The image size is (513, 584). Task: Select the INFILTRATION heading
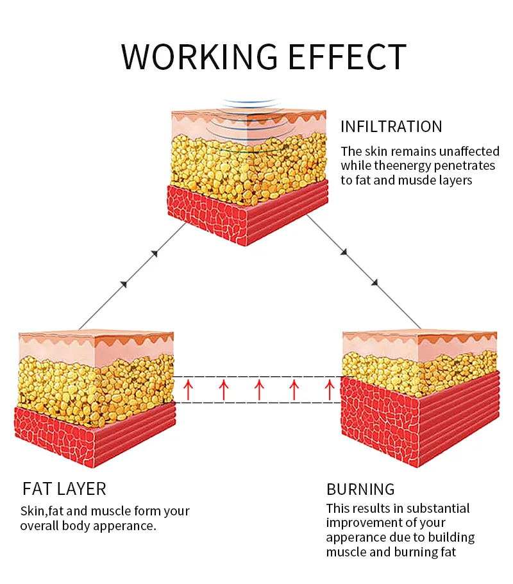pyautogui.click(x=391, y=127)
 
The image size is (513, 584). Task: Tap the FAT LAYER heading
pyautogui.click(x=64, y=489)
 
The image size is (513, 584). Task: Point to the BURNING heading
pyautogui.click(x=360, y=489)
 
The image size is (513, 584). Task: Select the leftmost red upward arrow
pyautogui.click(x=188, y=389)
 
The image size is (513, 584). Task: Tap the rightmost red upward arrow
pyautogui.click(x=330, y=389)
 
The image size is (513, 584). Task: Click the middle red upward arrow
pyautogui.click(x=259, y=389)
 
